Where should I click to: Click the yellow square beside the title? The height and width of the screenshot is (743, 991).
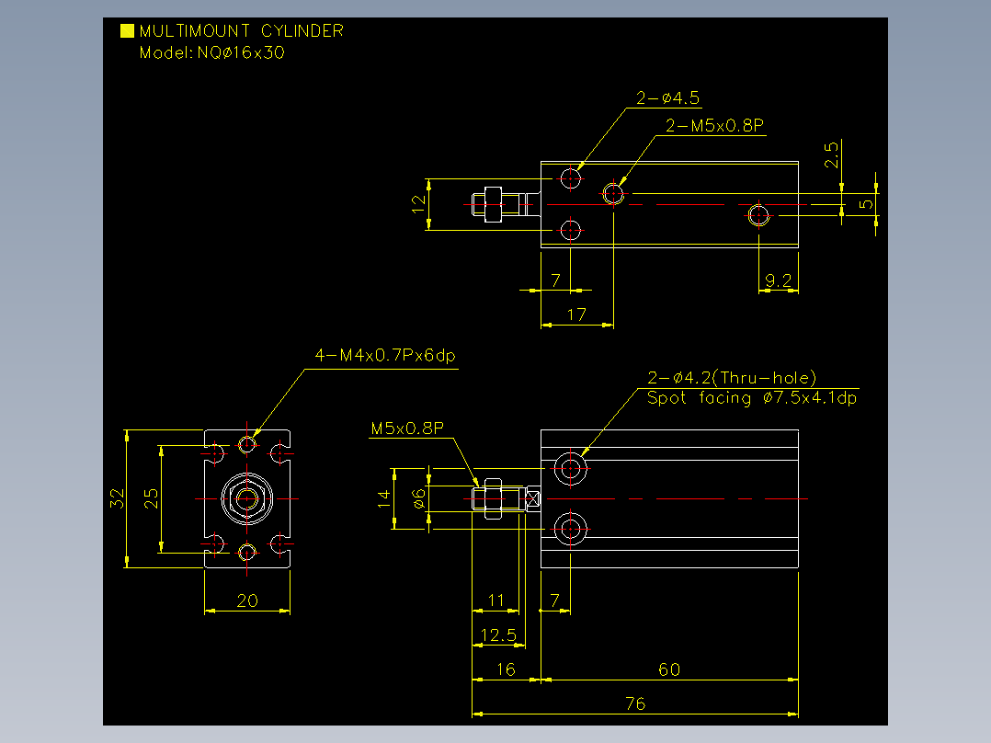tap(127, 31)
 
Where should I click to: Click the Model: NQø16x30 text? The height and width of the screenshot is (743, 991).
tap(211, 52)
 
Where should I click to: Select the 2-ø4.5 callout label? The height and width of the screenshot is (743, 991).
tap(667, 98)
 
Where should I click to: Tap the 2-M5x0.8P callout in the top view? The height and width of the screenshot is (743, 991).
tap(715, 125)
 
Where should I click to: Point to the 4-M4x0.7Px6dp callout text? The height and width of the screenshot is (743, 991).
tap(385, 355)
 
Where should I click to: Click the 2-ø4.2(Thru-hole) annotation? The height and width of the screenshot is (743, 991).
tap(732, 378)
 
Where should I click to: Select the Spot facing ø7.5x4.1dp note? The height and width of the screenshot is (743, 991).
tap(751, 398)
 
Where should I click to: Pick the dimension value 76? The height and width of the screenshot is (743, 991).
tap(635, 703)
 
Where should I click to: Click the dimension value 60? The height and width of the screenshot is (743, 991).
tap(669, 669)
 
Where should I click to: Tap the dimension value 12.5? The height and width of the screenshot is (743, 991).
tap(498, 634)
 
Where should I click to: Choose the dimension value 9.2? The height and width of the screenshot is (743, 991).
tap(778, 280)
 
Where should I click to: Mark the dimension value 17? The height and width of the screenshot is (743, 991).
tap(576, 314)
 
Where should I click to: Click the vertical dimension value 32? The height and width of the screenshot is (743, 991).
tap(117, 498)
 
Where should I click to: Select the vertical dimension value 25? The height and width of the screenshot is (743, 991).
tap(151, 498)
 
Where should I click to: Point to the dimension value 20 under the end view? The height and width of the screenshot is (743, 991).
tap(247, 600)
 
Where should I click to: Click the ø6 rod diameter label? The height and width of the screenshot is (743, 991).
tap(418, 499)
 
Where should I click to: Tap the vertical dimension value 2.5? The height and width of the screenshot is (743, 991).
tap(831, 154)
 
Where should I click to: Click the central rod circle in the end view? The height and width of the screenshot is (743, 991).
tap(247, 499)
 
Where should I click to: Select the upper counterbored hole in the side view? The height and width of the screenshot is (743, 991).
tap(571, 469)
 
